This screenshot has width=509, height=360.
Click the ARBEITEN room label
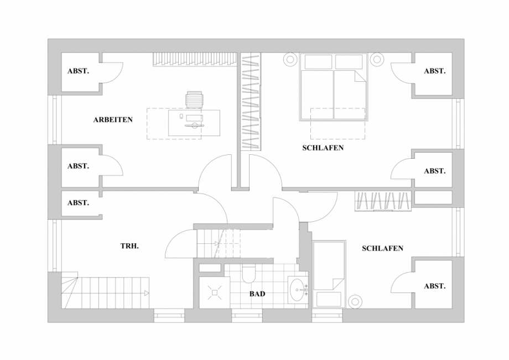tap(113, 119)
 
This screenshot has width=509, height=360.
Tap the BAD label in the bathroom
tap(257, 294)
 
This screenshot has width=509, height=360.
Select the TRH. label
tap(129, 246)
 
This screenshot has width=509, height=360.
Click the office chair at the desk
tap(194, 99)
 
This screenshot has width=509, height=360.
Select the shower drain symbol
tap(215, 293)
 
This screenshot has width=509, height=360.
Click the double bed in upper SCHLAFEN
tap(334, 87)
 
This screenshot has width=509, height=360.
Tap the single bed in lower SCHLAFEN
tap(329, 274)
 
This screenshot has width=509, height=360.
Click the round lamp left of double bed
tap(290, 60)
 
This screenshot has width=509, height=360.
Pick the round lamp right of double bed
tap(377, 59)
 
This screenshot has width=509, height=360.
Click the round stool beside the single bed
tap(355, 301)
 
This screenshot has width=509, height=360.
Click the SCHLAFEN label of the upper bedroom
tap(323, 148)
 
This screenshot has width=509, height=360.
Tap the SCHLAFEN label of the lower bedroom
tap(382, 248)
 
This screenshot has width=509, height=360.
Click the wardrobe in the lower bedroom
tap(383, 201)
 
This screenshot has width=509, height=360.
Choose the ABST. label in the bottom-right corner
tap(435, 286)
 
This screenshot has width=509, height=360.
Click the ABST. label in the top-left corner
tap(78, 71)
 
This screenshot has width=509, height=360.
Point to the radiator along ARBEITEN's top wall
tap(195, 59)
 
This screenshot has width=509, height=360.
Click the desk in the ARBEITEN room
tap(194, 123)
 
